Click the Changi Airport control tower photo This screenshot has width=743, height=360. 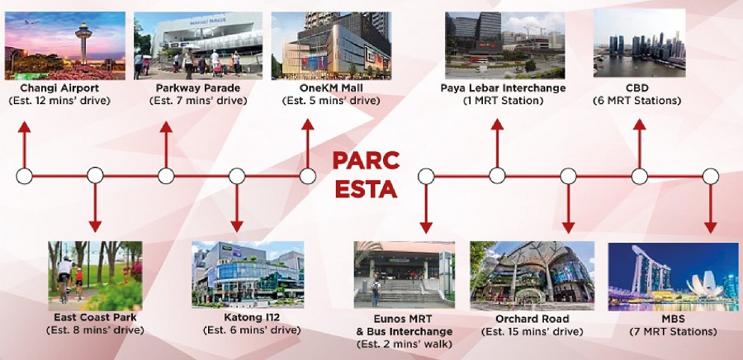pyautogui.click(x=65, y=46)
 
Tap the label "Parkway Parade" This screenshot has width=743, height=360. pyautogui.click(x=198, y=88)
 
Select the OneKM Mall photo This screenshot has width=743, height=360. pyautogui.click(x=331, y=46)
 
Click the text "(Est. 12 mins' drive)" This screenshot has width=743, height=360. pyautogui.click(x=59, y=101)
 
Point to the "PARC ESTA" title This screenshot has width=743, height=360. pyautogui.click(x=366, y=175)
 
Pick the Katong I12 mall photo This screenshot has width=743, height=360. pyautogui.click(x=248, y=275)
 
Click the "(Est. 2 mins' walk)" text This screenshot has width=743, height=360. pyautogui.click(x=405, y=343)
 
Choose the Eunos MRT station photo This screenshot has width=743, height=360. pyautogui.click(x=405, y=275)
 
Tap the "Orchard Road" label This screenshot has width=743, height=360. pyautogui.click(x=532, y=319)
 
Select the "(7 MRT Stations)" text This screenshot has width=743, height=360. pyautogui.click(x=673, y=332)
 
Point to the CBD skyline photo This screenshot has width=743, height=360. pyautogui.click(x=639, y=43)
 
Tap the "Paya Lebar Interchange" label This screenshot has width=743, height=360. pyautogui.click(x=504, y=88)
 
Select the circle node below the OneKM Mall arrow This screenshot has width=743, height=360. pyautogui.click(x=308, y=176)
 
